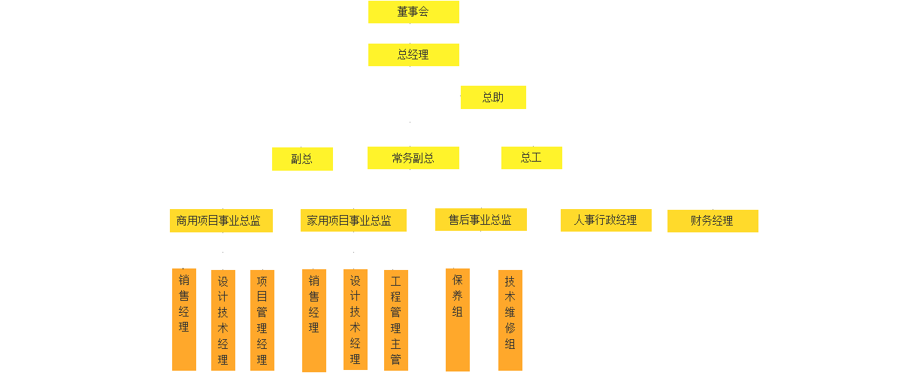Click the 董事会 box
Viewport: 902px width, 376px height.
(x=413, y=12)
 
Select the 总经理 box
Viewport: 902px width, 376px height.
(x=413, y=55)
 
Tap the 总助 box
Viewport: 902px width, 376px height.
(x=493, y=98)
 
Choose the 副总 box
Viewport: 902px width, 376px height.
(x=302, y=159)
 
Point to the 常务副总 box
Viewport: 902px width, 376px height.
(x=413, y=158)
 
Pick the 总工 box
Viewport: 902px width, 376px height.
(x=531, y=158)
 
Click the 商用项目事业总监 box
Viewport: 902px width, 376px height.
(x=220, y=221)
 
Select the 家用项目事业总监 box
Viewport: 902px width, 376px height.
(x=353, y=220)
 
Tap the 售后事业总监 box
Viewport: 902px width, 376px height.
(x=481, y=220)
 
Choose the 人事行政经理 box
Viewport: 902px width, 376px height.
(x=606, y=220)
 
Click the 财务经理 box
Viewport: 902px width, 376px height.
(x=713, y=221)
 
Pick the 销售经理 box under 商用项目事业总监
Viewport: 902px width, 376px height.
(x=184, y=319)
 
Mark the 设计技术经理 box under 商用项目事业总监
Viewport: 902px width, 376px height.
(x=223, y=320)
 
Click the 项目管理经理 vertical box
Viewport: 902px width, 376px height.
(x=262, y=320)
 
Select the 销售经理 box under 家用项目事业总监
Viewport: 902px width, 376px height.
(x=314, y=320)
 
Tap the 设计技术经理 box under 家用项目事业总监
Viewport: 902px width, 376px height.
(x=356, y=319)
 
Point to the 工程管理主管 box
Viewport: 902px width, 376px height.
(x=396, y=320)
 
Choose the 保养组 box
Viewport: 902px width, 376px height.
(x=458, y=319)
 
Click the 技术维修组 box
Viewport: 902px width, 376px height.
(x=510, y=320)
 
